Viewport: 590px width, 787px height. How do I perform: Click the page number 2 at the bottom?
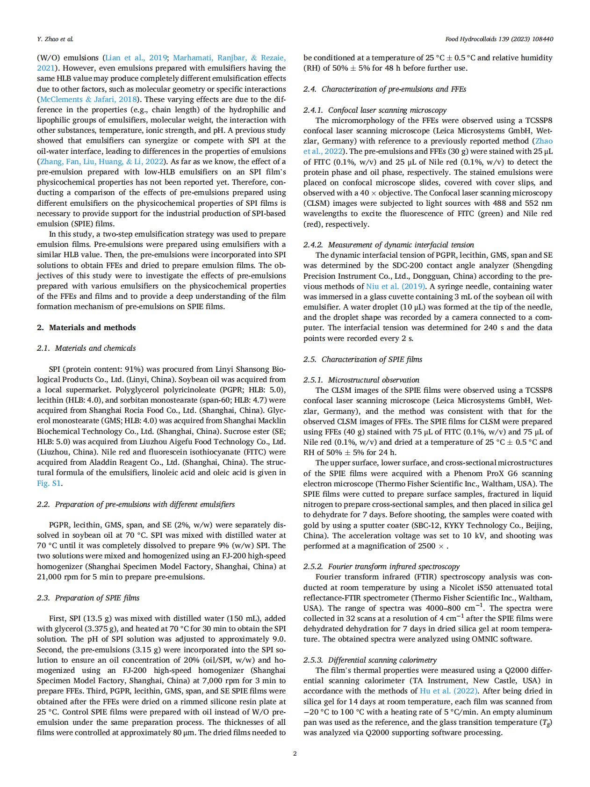coord(295,753)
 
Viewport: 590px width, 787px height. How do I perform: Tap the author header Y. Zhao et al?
coord(55,39)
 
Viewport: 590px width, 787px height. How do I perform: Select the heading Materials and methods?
coord(92,327)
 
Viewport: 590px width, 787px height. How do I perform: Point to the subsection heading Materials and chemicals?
coord(95,348)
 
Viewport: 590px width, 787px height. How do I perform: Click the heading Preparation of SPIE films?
coord(97,598)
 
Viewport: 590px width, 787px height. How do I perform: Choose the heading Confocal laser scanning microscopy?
coord(387,110)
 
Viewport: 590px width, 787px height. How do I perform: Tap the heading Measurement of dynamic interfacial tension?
coord(401,245)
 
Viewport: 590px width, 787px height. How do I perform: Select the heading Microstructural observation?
coord(374,380)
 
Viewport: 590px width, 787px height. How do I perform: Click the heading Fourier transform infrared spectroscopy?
coord(394,566)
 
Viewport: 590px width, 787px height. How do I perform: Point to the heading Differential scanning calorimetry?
coord(382,660)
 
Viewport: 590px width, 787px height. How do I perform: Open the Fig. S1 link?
coord(49,483)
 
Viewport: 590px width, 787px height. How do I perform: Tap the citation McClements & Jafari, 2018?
coord(89,99)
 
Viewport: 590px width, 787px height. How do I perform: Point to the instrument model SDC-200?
coord(407,265)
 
